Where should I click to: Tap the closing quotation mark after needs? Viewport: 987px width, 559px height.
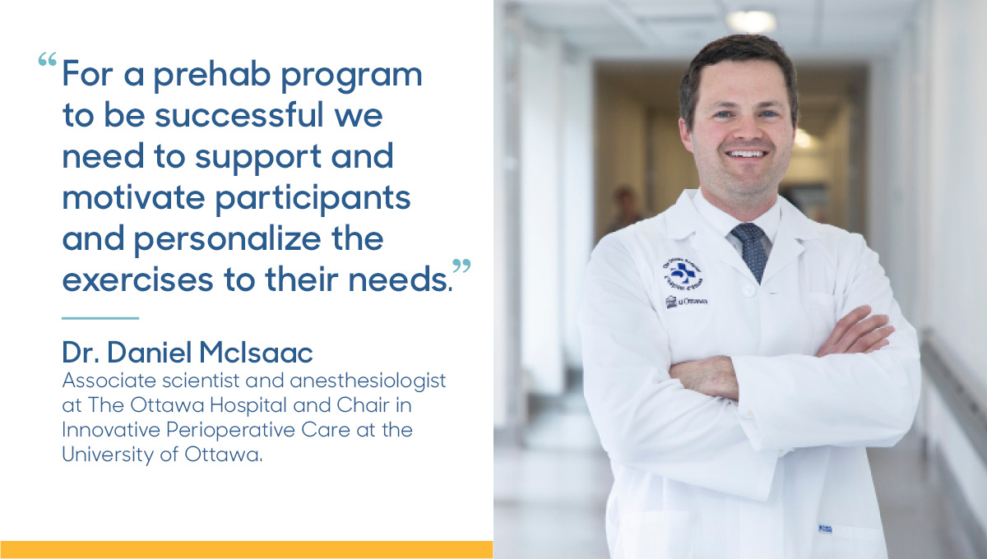(x=462, y=267)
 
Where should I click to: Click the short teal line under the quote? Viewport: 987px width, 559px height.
(x=100, y=317)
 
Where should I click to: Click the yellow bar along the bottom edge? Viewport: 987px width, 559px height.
(x=246, y=550)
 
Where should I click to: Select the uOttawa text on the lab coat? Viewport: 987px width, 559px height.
(x=688, y=303)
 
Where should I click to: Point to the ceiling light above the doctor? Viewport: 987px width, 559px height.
(x=749, y=21)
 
